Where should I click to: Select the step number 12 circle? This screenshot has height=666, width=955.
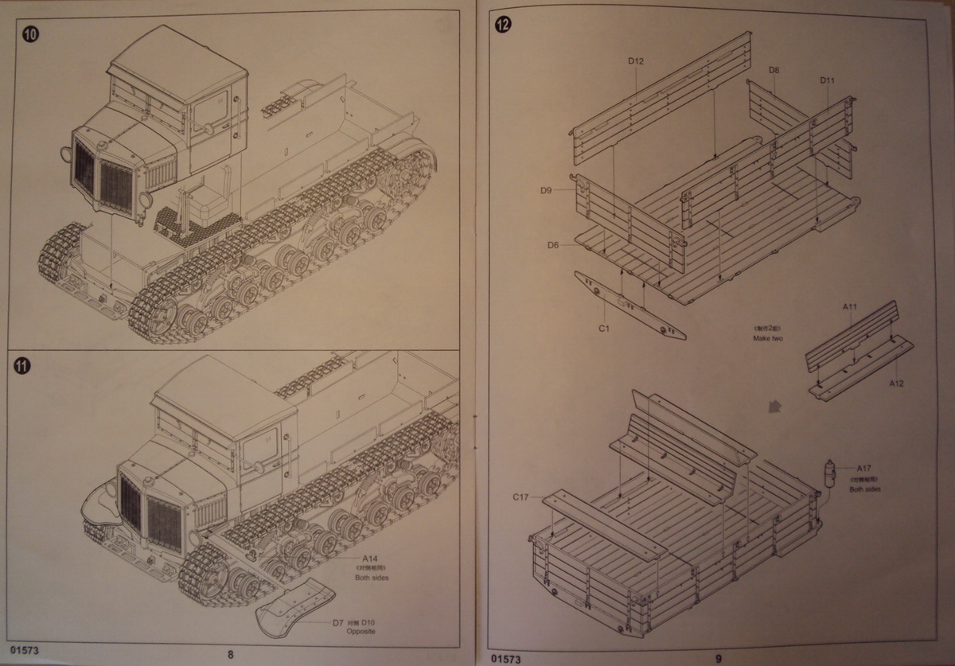502,23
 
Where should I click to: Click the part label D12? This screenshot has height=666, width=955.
635,61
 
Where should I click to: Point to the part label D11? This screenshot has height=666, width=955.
827,80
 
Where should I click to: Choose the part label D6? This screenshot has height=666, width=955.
554,245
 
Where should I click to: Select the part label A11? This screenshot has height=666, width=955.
849,306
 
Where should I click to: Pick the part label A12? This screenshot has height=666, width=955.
897,382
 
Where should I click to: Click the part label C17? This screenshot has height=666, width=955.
521,497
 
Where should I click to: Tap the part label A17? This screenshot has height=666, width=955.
864,468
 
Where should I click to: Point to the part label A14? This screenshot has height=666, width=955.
370,559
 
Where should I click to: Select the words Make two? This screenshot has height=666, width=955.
768,338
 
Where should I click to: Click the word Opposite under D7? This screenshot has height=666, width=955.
361,631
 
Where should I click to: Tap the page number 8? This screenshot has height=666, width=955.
230,655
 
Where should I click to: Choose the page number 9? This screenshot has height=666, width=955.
718,657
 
